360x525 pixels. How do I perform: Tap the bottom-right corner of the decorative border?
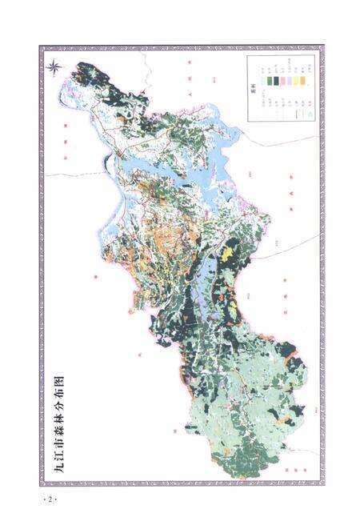pyautogui.click(x=322, y=483)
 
